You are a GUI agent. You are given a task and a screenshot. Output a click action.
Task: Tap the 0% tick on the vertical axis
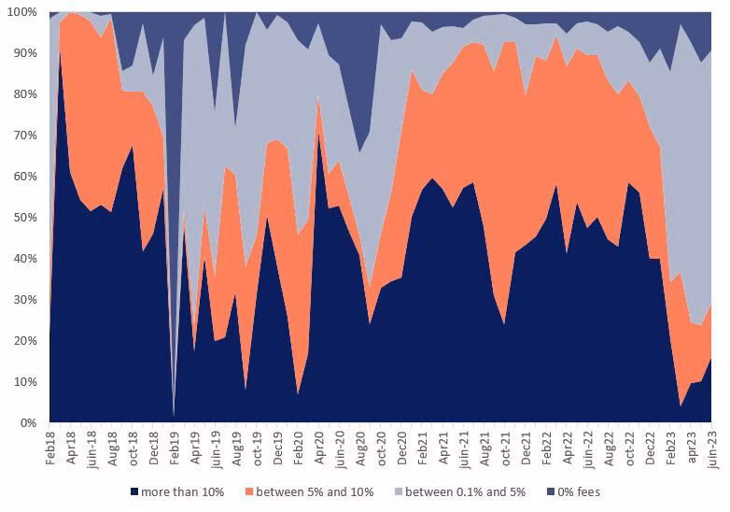[x=29, y=423]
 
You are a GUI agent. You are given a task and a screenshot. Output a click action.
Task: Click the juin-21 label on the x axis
[x=464, y=448]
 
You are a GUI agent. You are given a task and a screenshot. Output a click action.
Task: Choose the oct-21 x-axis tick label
[x=506, y=447]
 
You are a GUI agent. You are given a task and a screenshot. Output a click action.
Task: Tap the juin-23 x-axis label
[x=712, y=448]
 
